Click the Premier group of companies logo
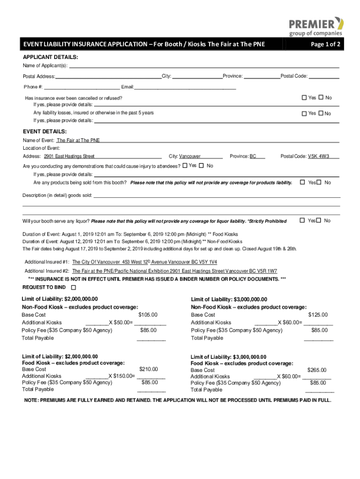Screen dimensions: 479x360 316,26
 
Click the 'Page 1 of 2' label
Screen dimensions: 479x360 325,44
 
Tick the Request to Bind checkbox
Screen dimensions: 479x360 73,287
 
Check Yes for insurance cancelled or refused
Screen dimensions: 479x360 304,97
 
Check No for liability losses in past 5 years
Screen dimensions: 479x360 321,113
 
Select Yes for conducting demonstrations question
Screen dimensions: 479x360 185,166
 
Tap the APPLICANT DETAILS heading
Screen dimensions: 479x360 50,57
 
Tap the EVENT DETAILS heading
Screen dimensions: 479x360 44,131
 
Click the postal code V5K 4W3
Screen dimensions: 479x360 318,156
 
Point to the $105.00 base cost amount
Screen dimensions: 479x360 148,315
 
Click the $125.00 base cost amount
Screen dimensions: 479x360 318,315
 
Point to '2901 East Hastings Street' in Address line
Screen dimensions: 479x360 69,156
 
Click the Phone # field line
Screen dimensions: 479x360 82,87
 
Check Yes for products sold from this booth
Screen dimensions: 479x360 302,182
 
